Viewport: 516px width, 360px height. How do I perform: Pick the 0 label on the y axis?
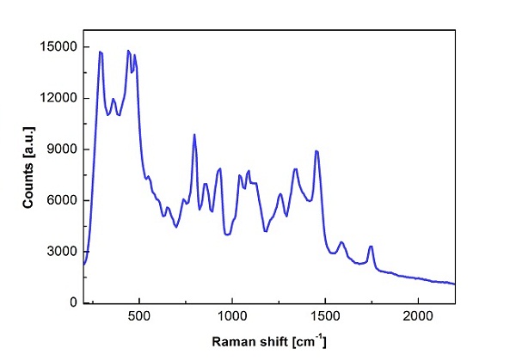pos(75,302)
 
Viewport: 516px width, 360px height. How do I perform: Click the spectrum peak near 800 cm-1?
pos(194,135)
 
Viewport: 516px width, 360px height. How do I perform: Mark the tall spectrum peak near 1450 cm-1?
pos(316,151)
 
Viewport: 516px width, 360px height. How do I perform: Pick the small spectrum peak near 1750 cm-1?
pos(371,247)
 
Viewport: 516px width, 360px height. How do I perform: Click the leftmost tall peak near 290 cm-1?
pos(101,52)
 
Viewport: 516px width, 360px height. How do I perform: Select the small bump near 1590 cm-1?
pos(341,242)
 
